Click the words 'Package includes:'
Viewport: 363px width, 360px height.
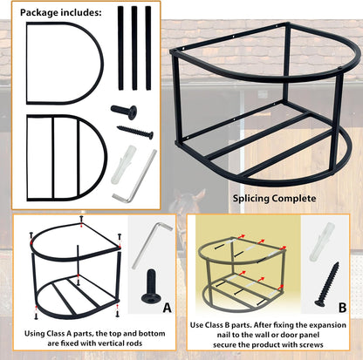(x=61, y=13)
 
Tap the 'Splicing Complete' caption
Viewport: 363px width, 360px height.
(x=274, y=199)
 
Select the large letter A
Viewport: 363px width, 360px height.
(x=167, y=308)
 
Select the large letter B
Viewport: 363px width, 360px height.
(x=342, y=308)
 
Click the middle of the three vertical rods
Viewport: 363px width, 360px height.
(x=134, y=48)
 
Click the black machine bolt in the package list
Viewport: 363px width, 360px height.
(x=124, y=111)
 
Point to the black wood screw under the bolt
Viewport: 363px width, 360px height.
(x=135, y=132)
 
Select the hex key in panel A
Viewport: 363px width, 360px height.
(x=148, y=247)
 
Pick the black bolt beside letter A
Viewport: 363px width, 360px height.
(x=151, y=286)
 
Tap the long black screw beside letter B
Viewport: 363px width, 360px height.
(x=327, y=284)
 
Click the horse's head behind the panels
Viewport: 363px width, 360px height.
(x=186, y=203)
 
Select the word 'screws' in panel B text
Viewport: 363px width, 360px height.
(x=311, y=345)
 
